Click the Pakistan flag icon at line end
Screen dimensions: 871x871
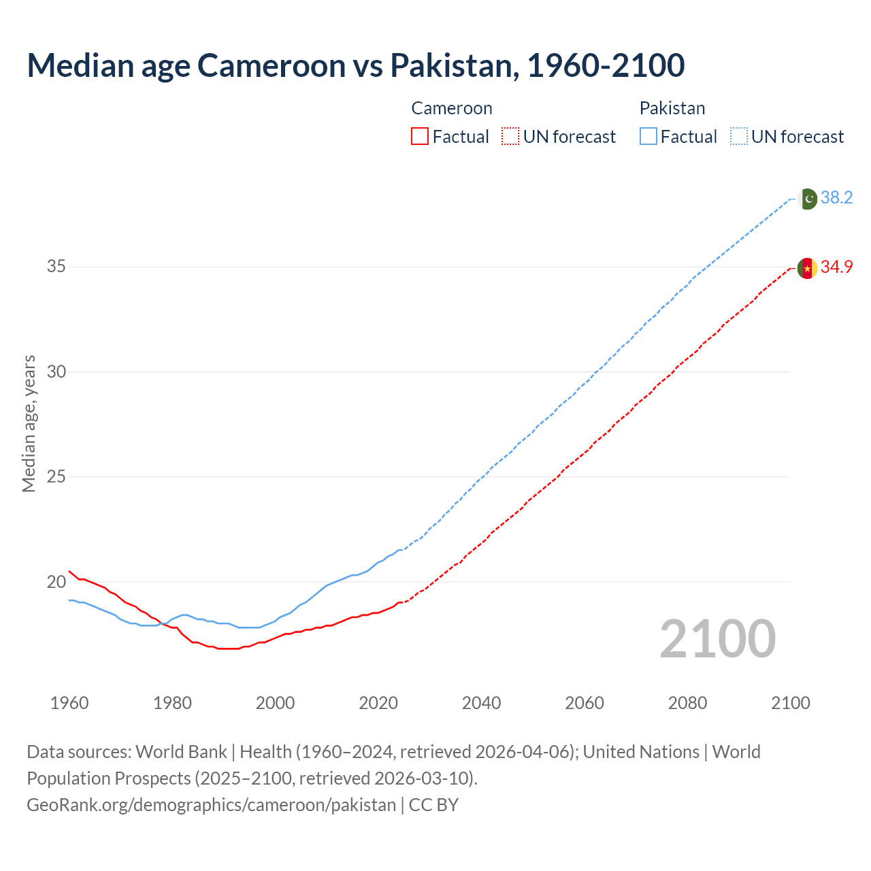[x=807, y=199]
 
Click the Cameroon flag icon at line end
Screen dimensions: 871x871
[x=807, y=268]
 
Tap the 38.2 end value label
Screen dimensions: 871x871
[x=836, y=198]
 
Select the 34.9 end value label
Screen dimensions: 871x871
[x=836, y=267]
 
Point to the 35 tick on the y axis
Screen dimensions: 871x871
[x=56, y=267]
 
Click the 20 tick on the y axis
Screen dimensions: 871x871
[x=56, y=582]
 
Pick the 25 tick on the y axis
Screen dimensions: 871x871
[x=56, y=477]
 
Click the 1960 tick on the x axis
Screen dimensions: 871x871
[x=69, y=703]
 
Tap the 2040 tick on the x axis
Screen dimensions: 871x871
[x=481, y=703]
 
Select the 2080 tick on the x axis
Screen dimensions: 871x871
[x=687, y=703]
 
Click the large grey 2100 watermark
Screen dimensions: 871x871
[x=717, y=639]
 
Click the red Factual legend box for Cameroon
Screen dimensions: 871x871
[x=420, y=137]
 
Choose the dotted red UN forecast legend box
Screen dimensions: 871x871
[x=510, y=137]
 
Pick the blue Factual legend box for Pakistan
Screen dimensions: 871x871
[x=648, y=137]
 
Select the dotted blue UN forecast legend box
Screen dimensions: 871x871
[x=739, y=137]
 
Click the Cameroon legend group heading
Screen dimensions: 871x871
[x=452, y=108]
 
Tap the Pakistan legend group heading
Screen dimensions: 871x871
[x=672, y=108]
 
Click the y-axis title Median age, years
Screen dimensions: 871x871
[x=29, y=423]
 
